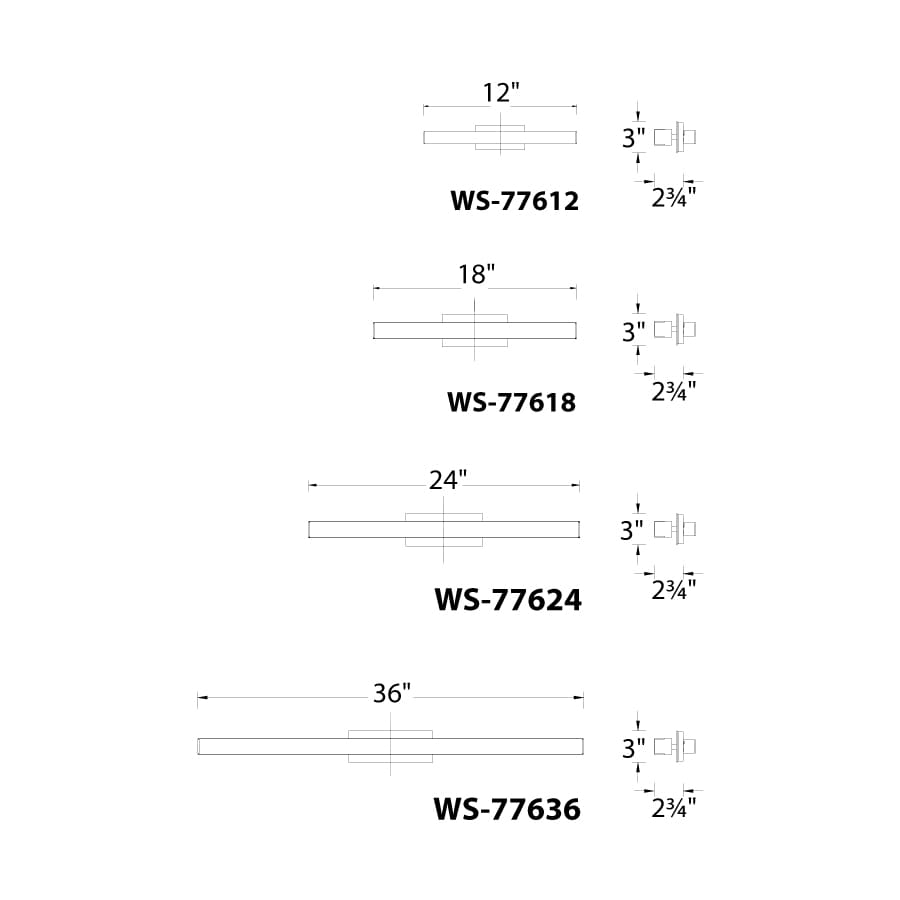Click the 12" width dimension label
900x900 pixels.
point(501,93)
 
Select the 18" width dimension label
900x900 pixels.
point(477,275)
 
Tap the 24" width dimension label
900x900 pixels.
point(448,480)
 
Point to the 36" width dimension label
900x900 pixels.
point(392,693)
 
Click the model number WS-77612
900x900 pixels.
point(514,201)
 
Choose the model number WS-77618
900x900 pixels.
point(511,402)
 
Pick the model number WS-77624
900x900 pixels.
point(507,600)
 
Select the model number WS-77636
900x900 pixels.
point(506,809)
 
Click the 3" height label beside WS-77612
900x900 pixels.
point(633,139)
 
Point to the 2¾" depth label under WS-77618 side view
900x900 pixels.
point(673,391)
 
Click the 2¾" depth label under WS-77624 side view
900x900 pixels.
point(673,590)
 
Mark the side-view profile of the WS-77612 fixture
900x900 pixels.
point(675,136)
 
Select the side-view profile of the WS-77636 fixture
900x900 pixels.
point(675,746)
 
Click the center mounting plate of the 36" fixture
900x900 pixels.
point(391,746)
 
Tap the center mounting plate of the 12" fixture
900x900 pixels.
point(499,137)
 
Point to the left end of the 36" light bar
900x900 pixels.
point(200,746)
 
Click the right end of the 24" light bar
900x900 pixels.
point(577,528)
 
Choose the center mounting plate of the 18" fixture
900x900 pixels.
point(474,330)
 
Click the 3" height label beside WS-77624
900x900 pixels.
point(633,531)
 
